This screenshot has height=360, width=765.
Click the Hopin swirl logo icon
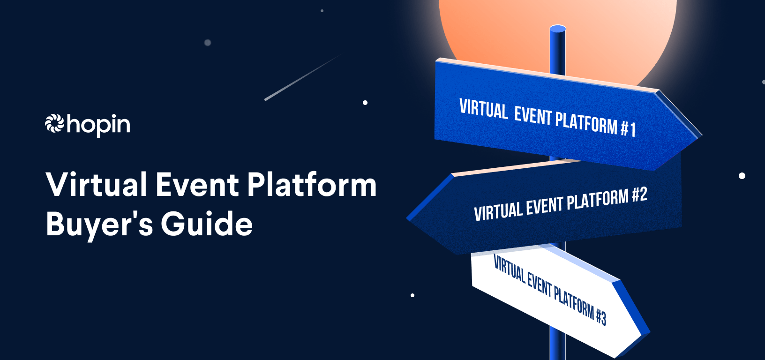pos(54,123)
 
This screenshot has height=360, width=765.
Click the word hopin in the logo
pos(98,125)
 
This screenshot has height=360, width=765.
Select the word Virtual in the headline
pos(97,184)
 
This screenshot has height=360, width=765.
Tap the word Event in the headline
pos(197,184)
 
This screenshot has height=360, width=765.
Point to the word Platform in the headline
pos(312,184)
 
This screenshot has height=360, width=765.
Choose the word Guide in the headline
pos(207,224)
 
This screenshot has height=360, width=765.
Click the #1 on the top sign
pos(628,128)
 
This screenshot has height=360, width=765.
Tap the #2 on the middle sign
pos(639,195)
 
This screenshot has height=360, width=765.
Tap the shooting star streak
pos(302,78)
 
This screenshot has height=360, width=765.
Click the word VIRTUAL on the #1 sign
pos(483,109)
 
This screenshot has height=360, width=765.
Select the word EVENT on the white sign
pos(539,284)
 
